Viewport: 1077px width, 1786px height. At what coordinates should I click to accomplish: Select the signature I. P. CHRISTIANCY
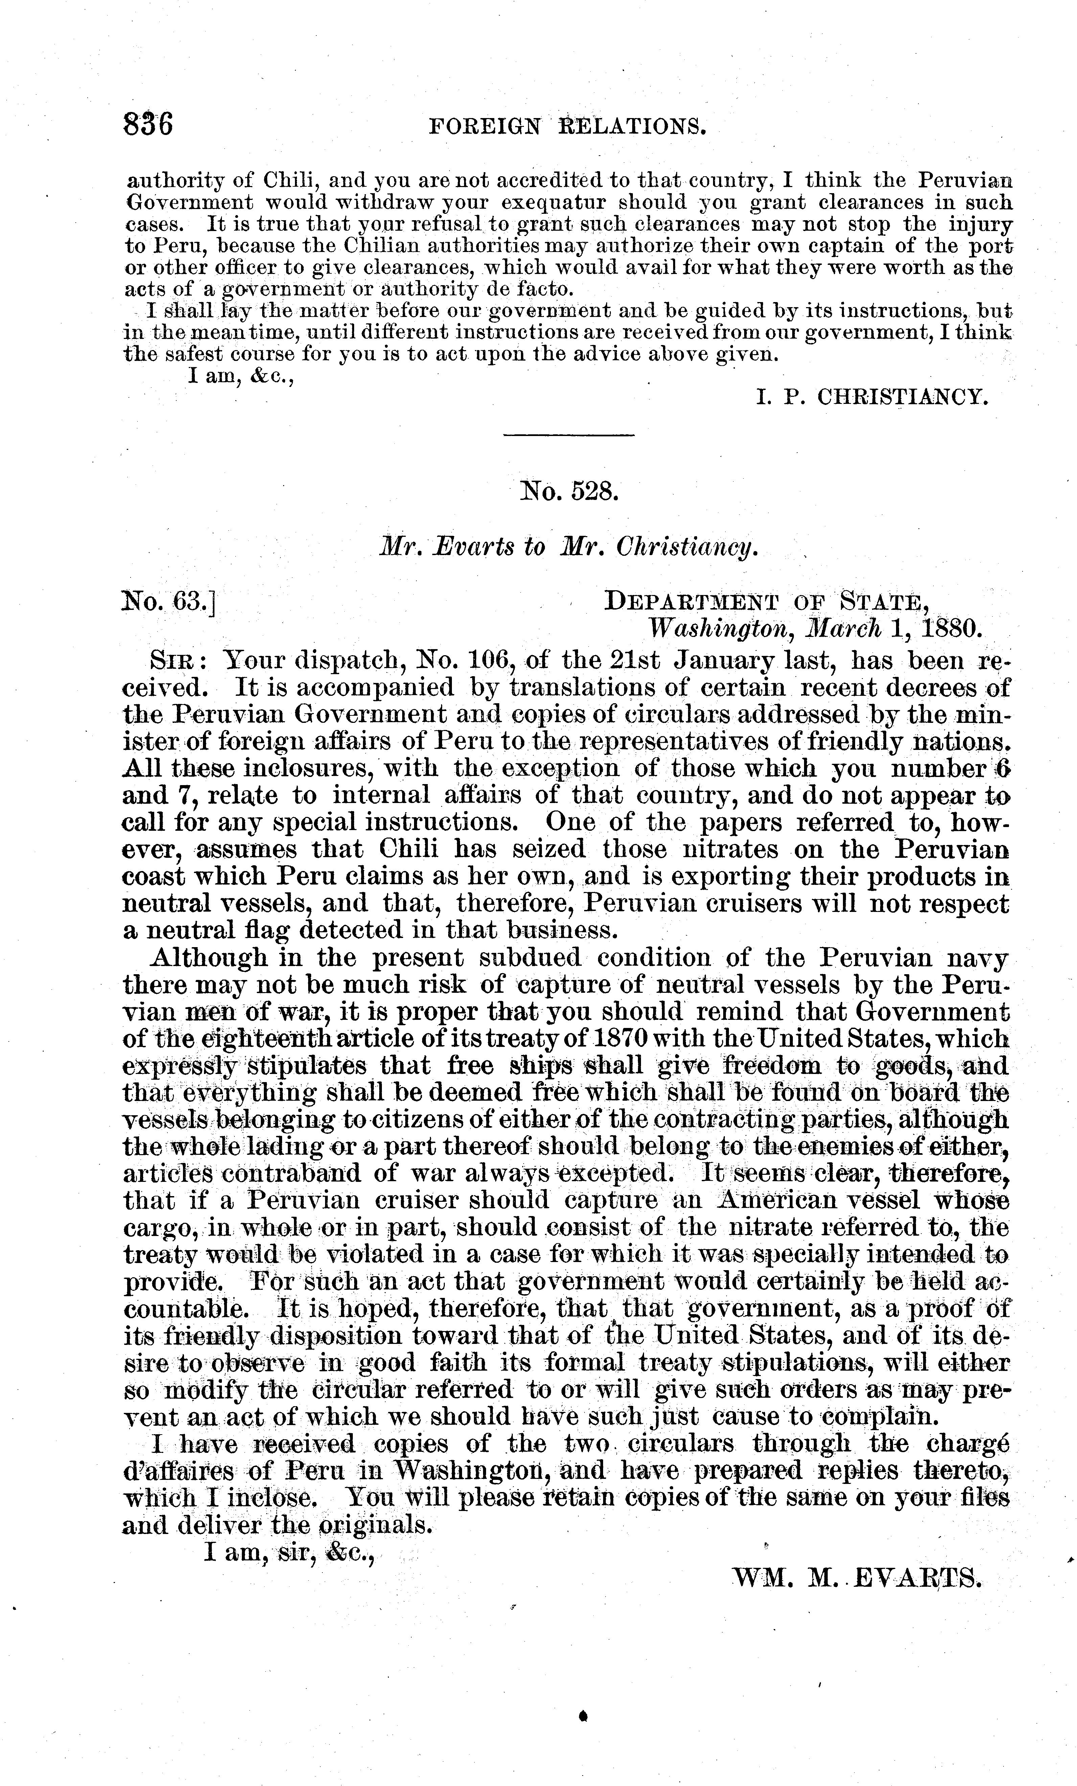coord(871,396)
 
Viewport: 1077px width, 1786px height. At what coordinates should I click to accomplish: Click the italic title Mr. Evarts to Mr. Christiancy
coord(569,547)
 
